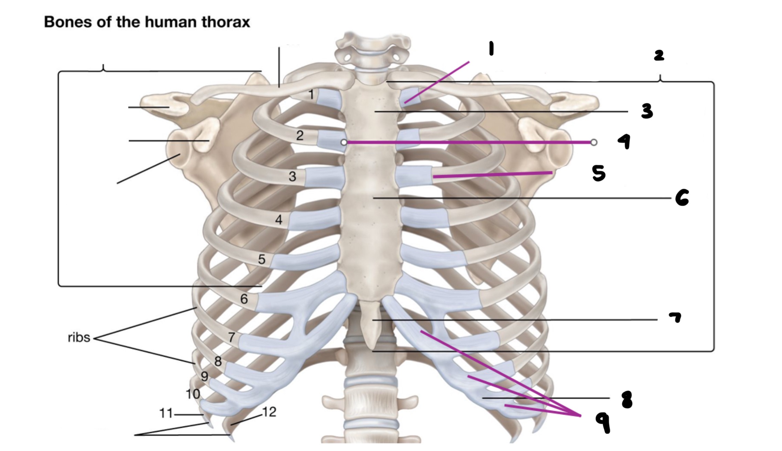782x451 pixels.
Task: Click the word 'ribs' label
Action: tap(79, 338)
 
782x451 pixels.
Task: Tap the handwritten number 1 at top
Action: tap(491, 49)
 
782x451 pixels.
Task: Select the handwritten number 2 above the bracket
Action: tap(659, 55)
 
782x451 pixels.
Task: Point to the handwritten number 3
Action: tap(647, 111)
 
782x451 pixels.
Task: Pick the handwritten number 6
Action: tap(682, 198)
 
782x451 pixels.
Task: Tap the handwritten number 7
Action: tap(675, 317)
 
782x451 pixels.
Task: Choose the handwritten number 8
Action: tap(627, 400)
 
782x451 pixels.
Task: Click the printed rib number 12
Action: tap(269, 412)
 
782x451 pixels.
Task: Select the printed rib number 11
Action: tap(166, 413)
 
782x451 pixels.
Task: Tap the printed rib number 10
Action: tap(193, 394)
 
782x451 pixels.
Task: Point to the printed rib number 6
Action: tap(244, 299)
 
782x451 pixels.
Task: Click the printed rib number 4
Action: tap(279, 220)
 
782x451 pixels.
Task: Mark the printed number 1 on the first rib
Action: tap(311, 94)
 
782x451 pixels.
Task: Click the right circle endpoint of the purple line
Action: tap(594, 142)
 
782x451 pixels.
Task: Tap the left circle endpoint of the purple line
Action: tap(344, 142)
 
